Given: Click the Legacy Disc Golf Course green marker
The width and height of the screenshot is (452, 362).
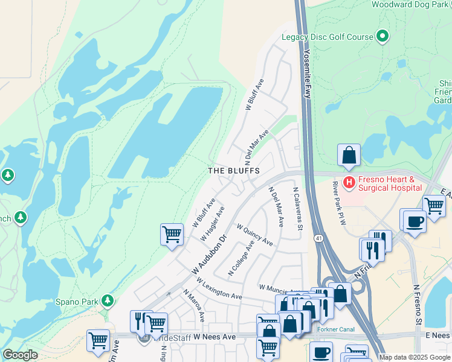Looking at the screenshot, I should coord(382,37).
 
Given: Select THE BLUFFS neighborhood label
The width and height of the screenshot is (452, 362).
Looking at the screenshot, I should coord(234,171).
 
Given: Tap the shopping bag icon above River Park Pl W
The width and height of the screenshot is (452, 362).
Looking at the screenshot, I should coord(349,156).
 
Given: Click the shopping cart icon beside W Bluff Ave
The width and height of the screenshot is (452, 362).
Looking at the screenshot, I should coord(172,234).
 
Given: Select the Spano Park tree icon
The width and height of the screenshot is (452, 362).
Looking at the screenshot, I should coord(108,300).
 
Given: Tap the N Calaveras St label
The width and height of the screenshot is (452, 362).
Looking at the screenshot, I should coord(297,209).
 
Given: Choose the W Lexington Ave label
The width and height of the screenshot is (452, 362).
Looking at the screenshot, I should coord(218,291).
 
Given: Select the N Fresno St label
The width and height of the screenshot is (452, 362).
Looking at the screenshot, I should coord(417,305).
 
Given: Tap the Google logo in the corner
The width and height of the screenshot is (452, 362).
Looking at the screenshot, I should coord(20,355).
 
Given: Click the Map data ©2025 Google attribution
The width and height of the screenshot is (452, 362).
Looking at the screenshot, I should coord(414,357).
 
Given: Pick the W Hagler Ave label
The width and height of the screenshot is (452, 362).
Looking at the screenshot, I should coord(213,224).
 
